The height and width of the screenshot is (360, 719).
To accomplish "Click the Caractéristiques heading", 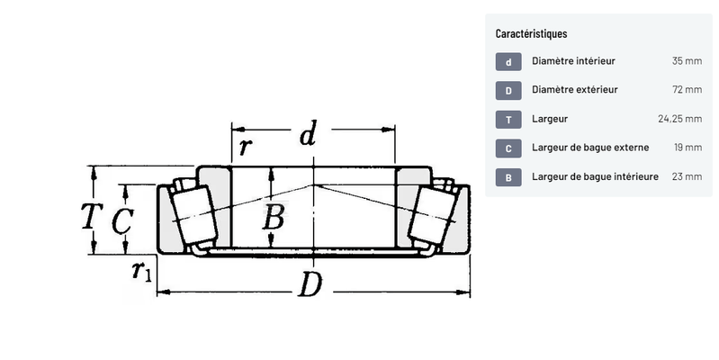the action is (x=531, y=33).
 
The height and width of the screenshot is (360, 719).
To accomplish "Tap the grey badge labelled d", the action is (x=508, y=62).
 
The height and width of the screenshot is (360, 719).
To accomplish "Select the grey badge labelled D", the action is (x=508, y=91).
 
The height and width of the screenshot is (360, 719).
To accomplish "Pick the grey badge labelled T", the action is (x=508, y=120).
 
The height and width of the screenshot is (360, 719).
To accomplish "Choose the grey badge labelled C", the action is (x=508, y=148).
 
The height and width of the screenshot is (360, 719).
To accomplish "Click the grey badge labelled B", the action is (x=508, y=177).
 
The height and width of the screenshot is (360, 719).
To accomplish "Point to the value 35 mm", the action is (x=687, y=61).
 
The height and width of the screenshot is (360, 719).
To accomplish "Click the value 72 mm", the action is (x=687, y=89).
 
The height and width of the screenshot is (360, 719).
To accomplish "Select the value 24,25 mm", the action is (x=680, y=119).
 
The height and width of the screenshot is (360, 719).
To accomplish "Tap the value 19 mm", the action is (x=688, y=148).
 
